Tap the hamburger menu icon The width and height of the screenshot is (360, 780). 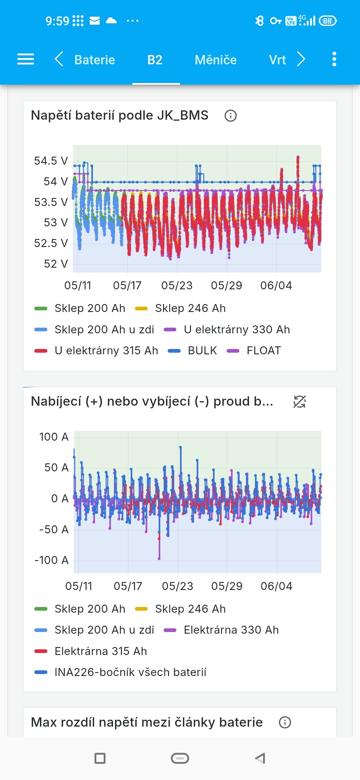(26, 59)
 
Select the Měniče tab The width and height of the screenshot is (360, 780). (216, 60)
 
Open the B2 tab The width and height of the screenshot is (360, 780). (155, 60)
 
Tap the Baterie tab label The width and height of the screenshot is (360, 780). (95, 60)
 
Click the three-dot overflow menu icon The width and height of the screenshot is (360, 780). (334, 59)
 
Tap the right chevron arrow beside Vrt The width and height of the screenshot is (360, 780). (301, 59)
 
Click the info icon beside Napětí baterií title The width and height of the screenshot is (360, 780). (231, 116)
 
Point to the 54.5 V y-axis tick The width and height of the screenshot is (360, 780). (51, 161)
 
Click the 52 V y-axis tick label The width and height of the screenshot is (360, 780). (56, 264)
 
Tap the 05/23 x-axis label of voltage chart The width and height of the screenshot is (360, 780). (177, 286)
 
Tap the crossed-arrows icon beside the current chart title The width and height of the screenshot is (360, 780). (300, 402)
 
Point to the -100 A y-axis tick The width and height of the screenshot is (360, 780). (52, 560)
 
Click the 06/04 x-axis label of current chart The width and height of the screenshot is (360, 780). (277, 586)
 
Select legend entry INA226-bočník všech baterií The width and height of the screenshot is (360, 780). (121, 672)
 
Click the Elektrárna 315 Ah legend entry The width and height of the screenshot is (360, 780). (91, 651)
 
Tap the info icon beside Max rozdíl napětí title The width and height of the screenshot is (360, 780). (285, 722)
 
